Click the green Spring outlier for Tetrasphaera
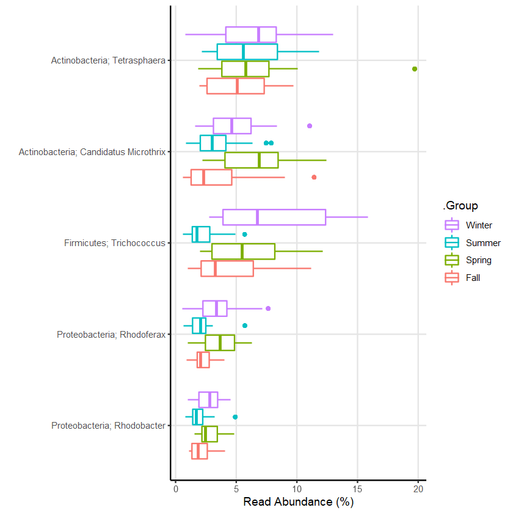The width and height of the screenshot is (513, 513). pyautogui.click(x=415, y=69)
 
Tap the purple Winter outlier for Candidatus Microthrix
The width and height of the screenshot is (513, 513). pyautogui.click(x=310, y=126)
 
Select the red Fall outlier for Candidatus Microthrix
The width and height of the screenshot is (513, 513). pyautogui.click(x=314, y=177)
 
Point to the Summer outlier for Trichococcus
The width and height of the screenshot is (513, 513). pyautogui.click(x=245, y=235)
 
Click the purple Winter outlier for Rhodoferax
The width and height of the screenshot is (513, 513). pyautogui.click(x=268, y=308)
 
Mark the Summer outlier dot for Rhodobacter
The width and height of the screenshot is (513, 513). pyautogui.click(x=235, y=417)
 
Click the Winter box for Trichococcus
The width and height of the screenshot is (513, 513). pyautogui.click(x=274, y=217)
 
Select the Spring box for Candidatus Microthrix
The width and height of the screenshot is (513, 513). pyautogui.click(x=252, y=160)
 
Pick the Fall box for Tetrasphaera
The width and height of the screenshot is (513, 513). pyautogui.click(x=236, y=86)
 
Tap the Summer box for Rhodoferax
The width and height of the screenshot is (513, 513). pyautogui.click(x=199, y=326)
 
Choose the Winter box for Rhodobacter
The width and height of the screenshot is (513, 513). pyautogui.click(x=208, y=400)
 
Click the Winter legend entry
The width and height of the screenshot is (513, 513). pyautogui.click(x=470, y=225)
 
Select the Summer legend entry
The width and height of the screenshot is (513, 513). pyautogui.click(x=470, y=242)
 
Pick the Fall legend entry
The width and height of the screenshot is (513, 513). pyautogui.click(x=470, y=277)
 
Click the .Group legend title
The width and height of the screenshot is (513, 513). pyautogui.click(x=460, y=205)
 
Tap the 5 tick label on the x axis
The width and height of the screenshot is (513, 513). pyautogui.click(x=236, y=489)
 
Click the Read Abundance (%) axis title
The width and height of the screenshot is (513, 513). pyautogui.click(x=298, y=503)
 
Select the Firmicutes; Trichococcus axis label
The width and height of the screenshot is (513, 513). pyautogui.click(x=114, y=243)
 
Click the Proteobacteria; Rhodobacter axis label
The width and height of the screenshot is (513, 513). pyautogui.click(x=108, y=426)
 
